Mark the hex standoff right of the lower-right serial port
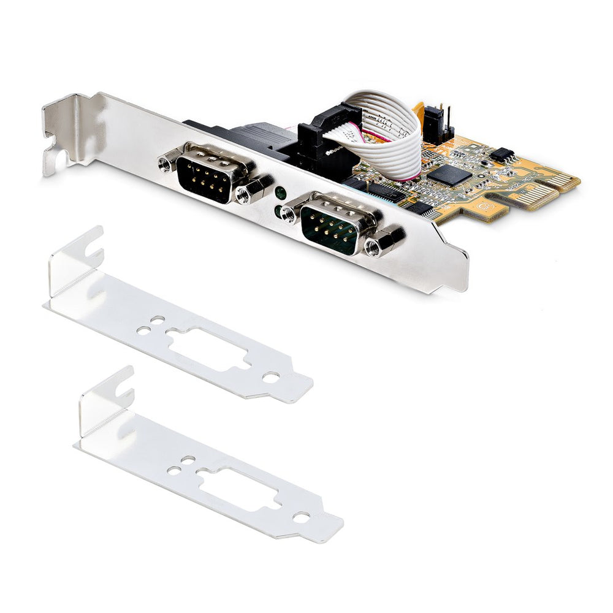[x=373, y=246]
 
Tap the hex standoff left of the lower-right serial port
[x=289, y=215]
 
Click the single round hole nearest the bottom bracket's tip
[x=300, y=517]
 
